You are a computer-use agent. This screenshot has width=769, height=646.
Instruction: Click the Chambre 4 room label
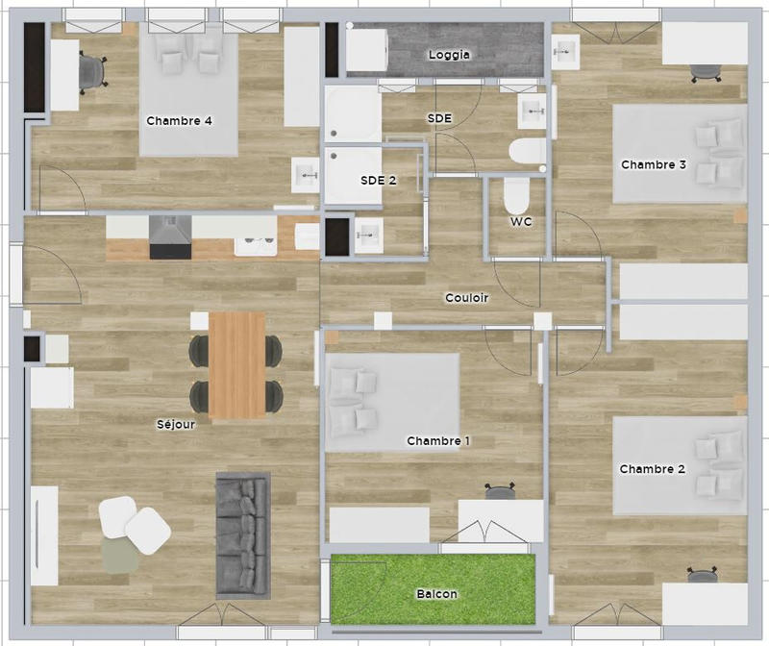click(x=179, y=121)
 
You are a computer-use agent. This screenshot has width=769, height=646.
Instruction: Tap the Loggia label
click(x=449, y=55)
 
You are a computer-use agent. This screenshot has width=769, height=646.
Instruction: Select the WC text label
click(x=521, y=222)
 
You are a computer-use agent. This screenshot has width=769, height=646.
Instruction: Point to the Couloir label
click(x=467, y=298)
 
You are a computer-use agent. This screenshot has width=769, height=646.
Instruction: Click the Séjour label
click(x=176, y=424)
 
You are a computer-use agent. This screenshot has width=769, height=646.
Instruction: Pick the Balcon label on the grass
click(x=437, y=594)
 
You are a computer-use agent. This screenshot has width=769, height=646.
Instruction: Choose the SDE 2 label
click(x=379, y=180)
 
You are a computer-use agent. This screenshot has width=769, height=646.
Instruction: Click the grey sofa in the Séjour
click(x=241, y=533)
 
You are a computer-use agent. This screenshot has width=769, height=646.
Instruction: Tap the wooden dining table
click(x=237, y=364)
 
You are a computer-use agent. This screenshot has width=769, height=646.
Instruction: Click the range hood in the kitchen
click(x=170, y=236)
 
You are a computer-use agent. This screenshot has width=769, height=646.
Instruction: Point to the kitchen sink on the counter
click(x=256, y=240)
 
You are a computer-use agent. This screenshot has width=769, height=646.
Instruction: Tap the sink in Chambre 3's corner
click(x=566, y=51)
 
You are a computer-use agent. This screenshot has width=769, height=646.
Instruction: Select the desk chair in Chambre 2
click(x=701, y=575)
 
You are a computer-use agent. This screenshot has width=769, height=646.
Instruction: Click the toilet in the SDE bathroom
click(x=526, y=152)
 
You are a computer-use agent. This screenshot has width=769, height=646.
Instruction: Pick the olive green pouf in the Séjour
click(x=120, y=555)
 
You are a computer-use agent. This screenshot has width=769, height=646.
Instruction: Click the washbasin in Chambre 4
click(x=306, y=176)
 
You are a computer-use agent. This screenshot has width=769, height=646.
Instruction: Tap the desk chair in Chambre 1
click(x=500, y=493)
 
